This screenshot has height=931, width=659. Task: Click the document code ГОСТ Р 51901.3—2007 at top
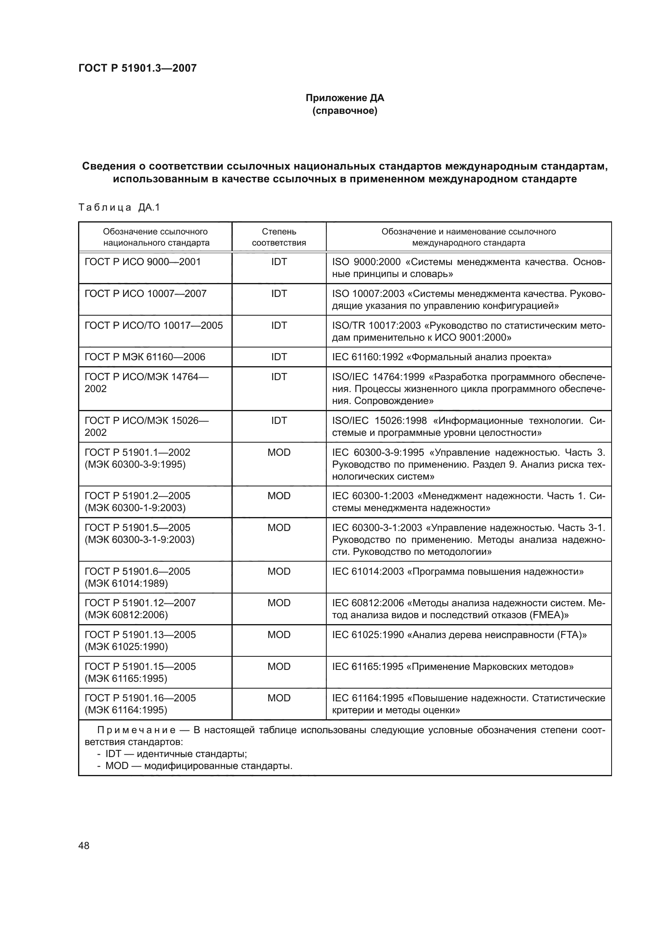click(137, 68)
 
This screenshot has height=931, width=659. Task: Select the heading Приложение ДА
click(345, 98)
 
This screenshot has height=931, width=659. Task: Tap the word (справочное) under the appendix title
click(345, 111)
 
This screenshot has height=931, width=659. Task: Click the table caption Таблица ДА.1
click(119, 208)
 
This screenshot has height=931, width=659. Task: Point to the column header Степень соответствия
click(279, 237)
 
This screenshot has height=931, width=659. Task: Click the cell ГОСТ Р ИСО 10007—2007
click(145, 294)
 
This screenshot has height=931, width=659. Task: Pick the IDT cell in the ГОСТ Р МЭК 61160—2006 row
click(279, 357)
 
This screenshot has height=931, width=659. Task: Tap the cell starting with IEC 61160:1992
click(441, 357)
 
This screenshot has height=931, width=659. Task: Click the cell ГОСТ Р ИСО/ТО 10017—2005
click(153, 325)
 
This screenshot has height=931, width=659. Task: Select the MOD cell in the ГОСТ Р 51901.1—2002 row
click(279, 453)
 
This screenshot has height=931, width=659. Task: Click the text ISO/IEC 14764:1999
click(378, 377)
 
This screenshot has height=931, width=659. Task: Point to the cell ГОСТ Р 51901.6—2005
click(137, 577)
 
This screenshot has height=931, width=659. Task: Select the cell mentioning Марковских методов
click(453, 667)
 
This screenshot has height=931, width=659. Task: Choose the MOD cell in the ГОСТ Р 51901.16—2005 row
click(279, 698)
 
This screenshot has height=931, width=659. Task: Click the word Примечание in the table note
click(136, 730)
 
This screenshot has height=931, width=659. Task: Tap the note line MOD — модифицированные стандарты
click(198, 766)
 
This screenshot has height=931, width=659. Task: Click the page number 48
click(84, 845)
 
